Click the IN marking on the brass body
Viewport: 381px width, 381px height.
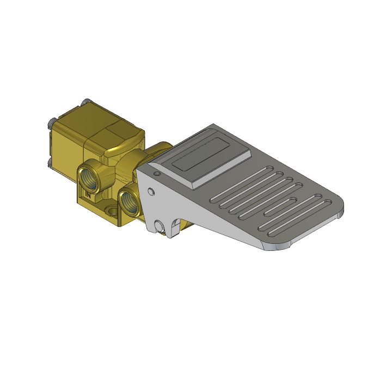[x=87, y=192]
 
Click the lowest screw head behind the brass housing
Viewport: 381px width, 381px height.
[x=50, y=162]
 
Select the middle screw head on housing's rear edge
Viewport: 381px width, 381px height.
[x=50, y=121]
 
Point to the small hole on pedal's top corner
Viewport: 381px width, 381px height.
[x=157, y=174]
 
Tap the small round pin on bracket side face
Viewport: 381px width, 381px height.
[x=150, y=191]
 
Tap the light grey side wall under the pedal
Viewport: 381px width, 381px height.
[x=218, y=223]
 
